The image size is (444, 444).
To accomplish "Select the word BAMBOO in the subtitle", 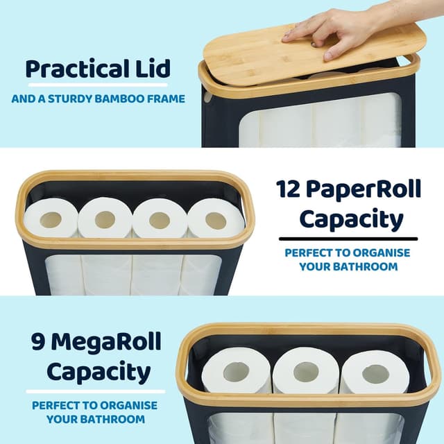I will (x=124, y=99).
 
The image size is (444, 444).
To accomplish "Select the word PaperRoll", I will (x=368, y=189).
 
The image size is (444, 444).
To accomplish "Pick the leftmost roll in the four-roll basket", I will (x=51, y=220).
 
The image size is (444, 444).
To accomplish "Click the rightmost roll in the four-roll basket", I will (x=215, y=220).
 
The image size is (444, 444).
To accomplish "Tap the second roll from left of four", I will (x=105, y=221).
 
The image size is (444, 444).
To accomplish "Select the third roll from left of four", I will (x=160, y=221).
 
